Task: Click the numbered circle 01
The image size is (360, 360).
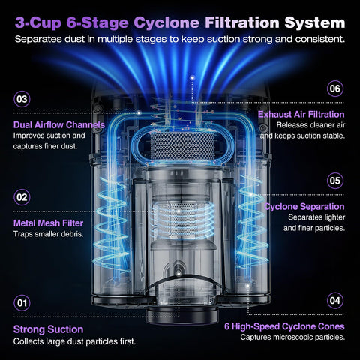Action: (x=22, y=303)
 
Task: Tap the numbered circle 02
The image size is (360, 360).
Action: (x=22, y=197)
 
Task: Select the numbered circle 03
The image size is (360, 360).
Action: (x=22, y=99)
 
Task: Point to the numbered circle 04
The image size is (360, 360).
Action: (x=335, y=300)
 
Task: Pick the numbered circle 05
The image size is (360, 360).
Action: (x=335, y=181)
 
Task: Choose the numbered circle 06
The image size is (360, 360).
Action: (x=335, y=88)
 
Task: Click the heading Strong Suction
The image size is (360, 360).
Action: (x=49, y=329)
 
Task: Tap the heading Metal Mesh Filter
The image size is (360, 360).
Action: (x=48, y=223)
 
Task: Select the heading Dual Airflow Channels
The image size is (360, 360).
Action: (x=59, y=124)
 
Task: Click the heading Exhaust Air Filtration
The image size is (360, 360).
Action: (x=301, y=114)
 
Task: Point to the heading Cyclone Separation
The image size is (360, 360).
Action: (x=304, y=207)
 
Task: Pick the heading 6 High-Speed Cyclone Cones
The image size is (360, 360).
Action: (x=284, y=326)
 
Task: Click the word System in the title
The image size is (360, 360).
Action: (x=315, y=22)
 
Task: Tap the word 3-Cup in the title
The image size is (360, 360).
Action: (x=38, y=22)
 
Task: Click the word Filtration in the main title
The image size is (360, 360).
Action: (x=242, y=22)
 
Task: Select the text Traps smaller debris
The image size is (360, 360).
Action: (x=49, y=234)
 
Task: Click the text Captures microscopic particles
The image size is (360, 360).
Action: (x=292, y=337)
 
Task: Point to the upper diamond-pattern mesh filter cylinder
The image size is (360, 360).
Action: (x=182, y=146)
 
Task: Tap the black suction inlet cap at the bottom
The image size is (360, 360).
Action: (x=182, y=316)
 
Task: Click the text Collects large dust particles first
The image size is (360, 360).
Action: (x=74, y=341)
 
